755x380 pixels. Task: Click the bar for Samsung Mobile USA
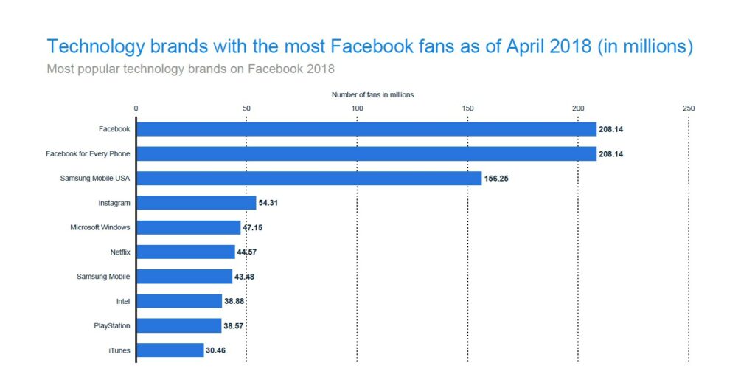pos(309,178)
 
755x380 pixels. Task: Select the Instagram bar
pos(196,202)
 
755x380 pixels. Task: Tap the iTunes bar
pos(170,350)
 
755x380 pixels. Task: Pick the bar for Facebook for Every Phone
pos(366,153)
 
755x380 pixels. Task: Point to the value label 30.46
pos(215,350)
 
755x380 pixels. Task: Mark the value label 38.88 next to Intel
pos(235,301)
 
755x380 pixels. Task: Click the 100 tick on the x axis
pos(357,108)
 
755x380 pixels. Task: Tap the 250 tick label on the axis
pos(689,108)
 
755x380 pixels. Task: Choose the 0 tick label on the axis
pos(136,108)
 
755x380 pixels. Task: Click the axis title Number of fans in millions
pos(372,94)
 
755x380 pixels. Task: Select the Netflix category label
pos(119,252)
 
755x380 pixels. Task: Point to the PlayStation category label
pos(112,325)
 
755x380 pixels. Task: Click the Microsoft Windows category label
pos(100,227)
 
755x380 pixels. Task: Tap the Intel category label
pos(123,301)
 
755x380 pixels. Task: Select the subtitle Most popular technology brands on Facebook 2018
pos(190,69)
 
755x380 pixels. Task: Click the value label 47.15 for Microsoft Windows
pos(252,227)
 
